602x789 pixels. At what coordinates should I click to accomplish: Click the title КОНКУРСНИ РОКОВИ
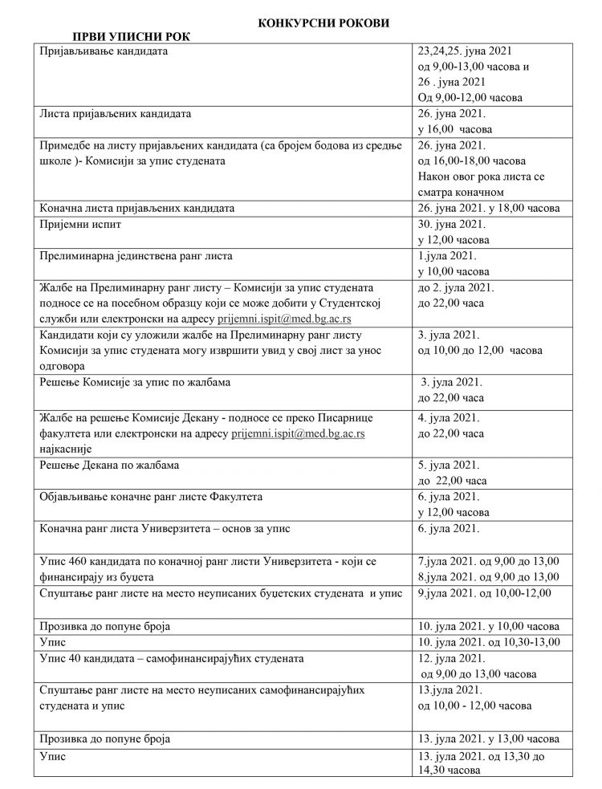[323, 24]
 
